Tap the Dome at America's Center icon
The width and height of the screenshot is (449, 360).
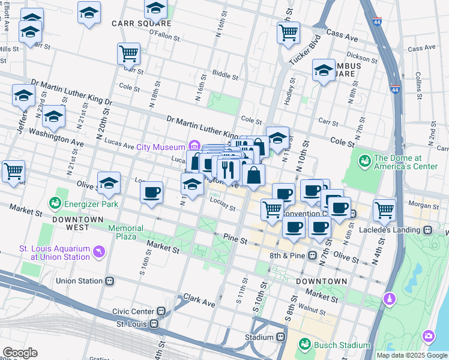pyautogui.click(x=363, y=161)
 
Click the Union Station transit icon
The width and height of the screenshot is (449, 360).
pyautogui.click(x=110, y=281)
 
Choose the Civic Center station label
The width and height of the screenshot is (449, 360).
pyautogui.click(x=136, y=311)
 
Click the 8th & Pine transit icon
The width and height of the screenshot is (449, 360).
pyautogui.click(x=312, y=256)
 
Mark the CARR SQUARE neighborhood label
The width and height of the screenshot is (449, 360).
pyautogui.click(x=142, y=23)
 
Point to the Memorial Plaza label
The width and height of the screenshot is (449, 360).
pyautogui.click(x=125, y=232)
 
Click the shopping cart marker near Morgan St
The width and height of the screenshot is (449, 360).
pyautogui.click(x=384, y=209)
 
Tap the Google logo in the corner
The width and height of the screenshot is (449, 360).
pyautogui.click(x=20, y=353)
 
